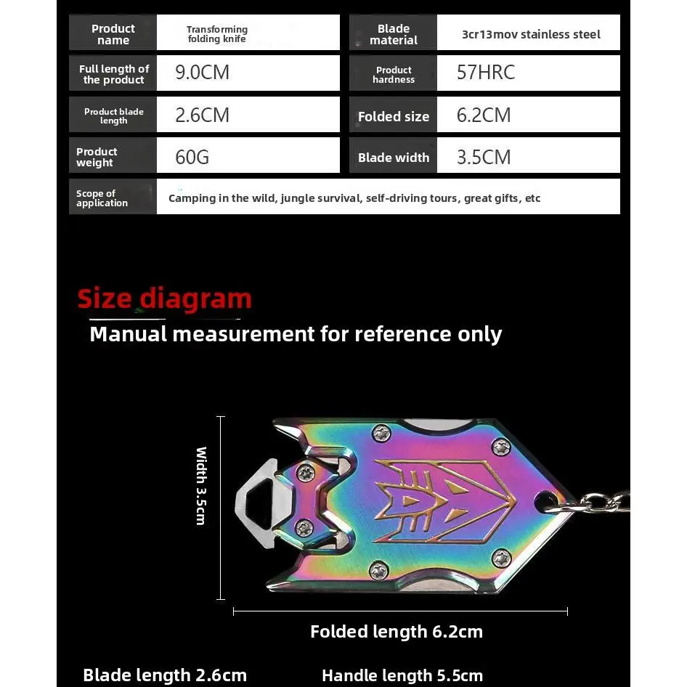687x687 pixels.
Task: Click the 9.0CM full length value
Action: pos(202,73)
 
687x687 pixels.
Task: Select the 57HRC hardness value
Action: pos(485,73)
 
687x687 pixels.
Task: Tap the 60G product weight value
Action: pos(192,157)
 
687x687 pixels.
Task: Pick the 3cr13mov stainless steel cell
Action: pos(530,34)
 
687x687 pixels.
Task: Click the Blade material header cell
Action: pos(393,34)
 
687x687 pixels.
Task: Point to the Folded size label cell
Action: pos(393,116)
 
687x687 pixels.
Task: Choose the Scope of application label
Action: pos(102,198)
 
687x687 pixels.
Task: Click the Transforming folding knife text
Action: pos(216,34)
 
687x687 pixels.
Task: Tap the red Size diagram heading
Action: pos(164,298)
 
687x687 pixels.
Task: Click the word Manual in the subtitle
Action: pos(128,334)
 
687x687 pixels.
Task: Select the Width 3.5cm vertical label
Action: pos(201,485)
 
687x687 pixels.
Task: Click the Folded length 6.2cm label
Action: pos(396,632)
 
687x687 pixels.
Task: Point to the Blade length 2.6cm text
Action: pos(165,675)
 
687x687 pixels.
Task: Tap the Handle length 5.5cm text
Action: pos(402,675)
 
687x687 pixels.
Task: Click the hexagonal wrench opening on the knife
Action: pos(261,500)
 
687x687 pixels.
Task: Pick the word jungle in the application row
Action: pos(299,198)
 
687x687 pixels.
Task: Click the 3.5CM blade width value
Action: pos(483,157)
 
